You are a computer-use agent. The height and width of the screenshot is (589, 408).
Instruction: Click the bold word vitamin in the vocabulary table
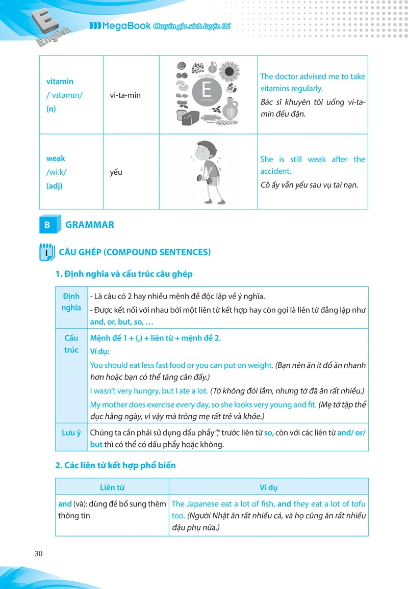coord(60,82)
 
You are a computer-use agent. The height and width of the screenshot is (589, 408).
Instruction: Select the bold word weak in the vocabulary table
coord(56,158)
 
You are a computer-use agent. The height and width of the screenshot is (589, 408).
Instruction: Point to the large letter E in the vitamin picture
coord(207,90)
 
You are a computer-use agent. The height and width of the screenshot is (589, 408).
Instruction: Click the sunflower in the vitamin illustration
coord(230,72)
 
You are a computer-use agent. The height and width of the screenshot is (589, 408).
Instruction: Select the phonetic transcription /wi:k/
coord(56,172)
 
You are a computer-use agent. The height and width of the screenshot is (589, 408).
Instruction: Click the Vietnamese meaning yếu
coord(116,172)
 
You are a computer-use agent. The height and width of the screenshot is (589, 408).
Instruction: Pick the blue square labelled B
coord(47,225)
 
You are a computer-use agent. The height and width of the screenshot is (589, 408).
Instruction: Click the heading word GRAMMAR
coord(90,225)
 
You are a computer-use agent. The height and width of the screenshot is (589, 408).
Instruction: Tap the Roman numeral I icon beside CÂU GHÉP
coord(46,253)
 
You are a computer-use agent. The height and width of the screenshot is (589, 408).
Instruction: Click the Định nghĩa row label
coord(71,302)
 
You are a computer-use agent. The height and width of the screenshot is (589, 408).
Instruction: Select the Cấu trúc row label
coord(71,344)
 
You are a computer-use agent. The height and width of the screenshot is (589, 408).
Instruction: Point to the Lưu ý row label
coord(71,433)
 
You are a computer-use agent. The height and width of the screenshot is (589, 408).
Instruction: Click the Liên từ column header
coord(113,488)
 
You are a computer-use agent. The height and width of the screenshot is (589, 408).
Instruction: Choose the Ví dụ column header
coord(268,488)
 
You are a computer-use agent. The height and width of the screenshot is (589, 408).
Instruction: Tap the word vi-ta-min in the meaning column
coord(125,95)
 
